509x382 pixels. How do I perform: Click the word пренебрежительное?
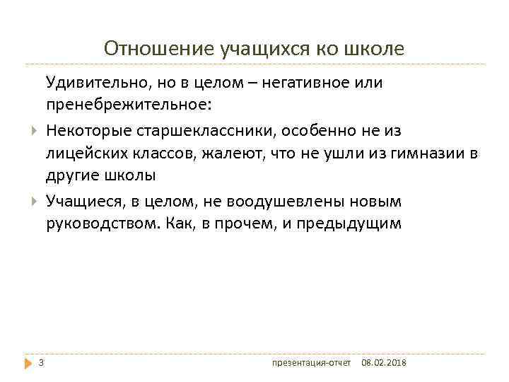click(128, 105)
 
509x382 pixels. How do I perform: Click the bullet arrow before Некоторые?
click(34, 130)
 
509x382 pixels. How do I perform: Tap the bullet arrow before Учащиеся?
click(34, 202)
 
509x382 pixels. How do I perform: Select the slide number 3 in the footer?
click(41, 363)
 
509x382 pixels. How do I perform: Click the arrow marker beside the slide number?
click(28, 364)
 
